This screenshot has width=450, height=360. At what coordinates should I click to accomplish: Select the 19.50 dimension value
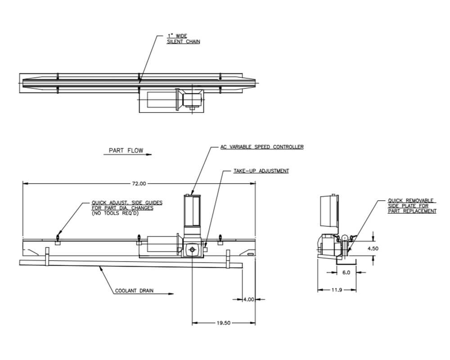224,323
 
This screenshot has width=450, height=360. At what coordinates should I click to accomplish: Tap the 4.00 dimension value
249,299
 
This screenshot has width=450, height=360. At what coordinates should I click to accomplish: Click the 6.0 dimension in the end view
346,272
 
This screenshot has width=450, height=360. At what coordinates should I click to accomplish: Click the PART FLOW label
126,150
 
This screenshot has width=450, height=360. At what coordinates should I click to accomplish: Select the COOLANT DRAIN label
134,291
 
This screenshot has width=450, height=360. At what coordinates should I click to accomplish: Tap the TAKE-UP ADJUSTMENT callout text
261,171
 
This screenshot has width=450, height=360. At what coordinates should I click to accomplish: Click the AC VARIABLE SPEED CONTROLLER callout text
261,147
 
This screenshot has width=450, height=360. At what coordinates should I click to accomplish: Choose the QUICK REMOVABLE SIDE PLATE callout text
412,206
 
